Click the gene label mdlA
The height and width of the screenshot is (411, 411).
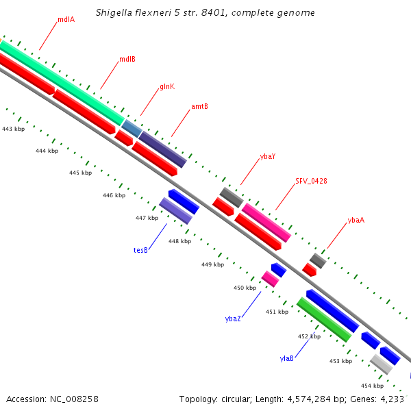[66, 19]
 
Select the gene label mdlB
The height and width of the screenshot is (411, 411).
[127, 59]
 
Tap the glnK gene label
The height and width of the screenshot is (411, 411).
[167, 87]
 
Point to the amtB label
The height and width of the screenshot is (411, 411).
[199, 107]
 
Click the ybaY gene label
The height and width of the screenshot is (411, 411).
[268, 157]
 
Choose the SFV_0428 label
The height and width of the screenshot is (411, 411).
[311, 181]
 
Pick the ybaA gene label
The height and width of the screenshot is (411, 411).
[356, 220]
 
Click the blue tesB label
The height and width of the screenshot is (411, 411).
[140, 251]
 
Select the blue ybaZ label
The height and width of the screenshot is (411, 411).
[233, 319]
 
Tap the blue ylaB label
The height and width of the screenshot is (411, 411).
[287, 358]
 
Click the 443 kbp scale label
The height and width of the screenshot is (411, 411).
[13, 129]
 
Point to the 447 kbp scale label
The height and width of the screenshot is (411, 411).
[147, 218]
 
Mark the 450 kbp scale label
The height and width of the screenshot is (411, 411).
[245, 288]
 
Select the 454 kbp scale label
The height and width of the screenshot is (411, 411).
[372, 386]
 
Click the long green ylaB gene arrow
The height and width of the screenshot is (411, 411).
[324, 319]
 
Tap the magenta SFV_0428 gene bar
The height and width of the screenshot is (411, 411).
[267, 222]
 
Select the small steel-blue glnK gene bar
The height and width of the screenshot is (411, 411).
[133, 127]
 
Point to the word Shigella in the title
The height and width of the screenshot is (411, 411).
[116, 13]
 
